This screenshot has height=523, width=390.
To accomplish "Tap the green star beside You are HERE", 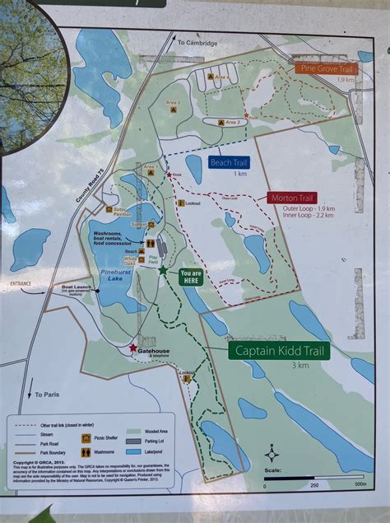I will click(x=163, y=270).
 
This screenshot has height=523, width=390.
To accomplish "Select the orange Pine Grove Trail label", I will click(x=326, y=69).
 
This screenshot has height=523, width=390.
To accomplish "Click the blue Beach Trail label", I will click(x=228, y=162).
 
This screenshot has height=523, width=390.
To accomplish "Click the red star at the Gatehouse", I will click(x=132, y=348).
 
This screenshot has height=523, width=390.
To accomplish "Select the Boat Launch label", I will click(x=76, y=287).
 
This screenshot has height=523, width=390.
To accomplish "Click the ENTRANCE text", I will click(x=21, y=283).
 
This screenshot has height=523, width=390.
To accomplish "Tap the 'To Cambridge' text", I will click(x=197, y=42).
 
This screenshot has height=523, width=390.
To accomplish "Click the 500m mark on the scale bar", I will click(x=360, y=483).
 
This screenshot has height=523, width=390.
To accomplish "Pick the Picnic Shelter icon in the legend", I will click(x=85, y=439).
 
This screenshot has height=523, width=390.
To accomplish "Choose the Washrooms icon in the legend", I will click(x=85, y=452).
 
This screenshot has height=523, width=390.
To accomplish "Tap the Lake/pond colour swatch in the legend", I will click(x=132, y=452).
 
